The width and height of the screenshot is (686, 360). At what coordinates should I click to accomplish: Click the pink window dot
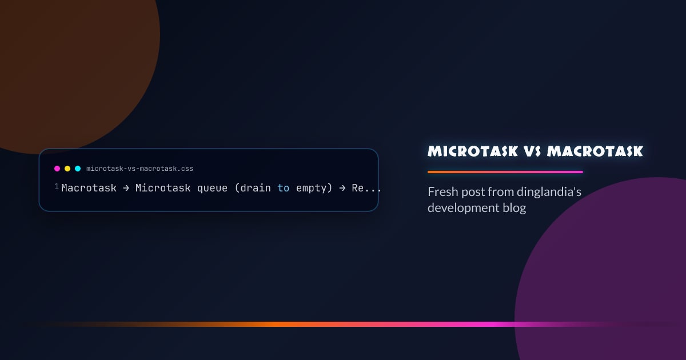[57, 169]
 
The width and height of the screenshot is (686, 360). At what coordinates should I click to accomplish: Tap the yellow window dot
[67, 169]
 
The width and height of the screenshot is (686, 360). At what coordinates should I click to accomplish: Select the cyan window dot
[78, 169]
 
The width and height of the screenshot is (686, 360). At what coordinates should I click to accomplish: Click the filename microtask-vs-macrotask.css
[139, 169]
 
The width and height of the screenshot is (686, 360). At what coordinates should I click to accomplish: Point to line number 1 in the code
[57, 187]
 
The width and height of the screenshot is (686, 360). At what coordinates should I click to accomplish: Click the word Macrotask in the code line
[89, 188]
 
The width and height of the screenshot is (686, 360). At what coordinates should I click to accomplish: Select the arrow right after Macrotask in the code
[126, 188]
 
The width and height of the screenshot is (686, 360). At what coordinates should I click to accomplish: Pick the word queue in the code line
[213, 188]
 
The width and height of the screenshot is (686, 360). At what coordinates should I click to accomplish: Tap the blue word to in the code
[284, 188]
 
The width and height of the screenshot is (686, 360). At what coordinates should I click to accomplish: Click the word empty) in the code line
[314, 188]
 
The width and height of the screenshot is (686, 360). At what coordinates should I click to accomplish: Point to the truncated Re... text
[366, 188]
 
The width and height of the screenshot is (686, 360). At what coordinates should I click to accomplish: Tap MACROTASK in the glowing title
[595, 151]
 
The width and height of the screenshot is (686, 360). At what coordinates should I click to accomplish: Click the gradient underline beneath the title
[505, 171]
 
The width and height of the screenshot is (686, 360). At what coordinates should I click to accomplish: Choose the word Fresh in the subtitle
[442, 192]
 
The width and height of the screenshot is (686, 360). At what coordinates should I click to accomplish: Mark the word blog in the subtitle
[514, 208]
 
